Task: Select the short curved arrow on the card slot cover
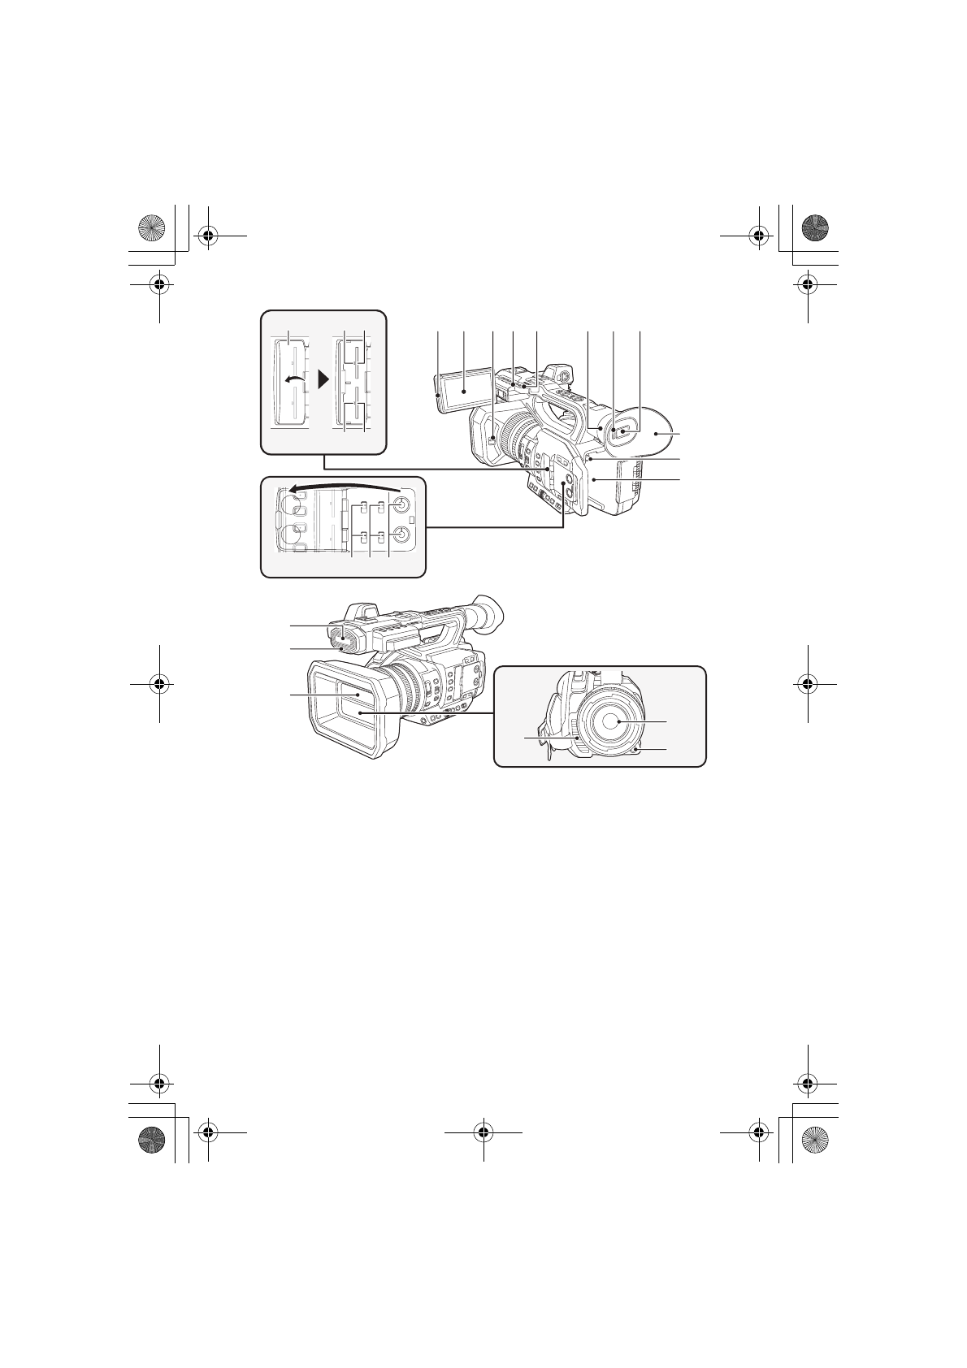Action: (293, 381)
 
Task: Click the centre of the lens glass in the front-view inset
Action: (617, 721)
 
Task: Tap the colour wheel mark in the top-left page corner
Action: (152, 225)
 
